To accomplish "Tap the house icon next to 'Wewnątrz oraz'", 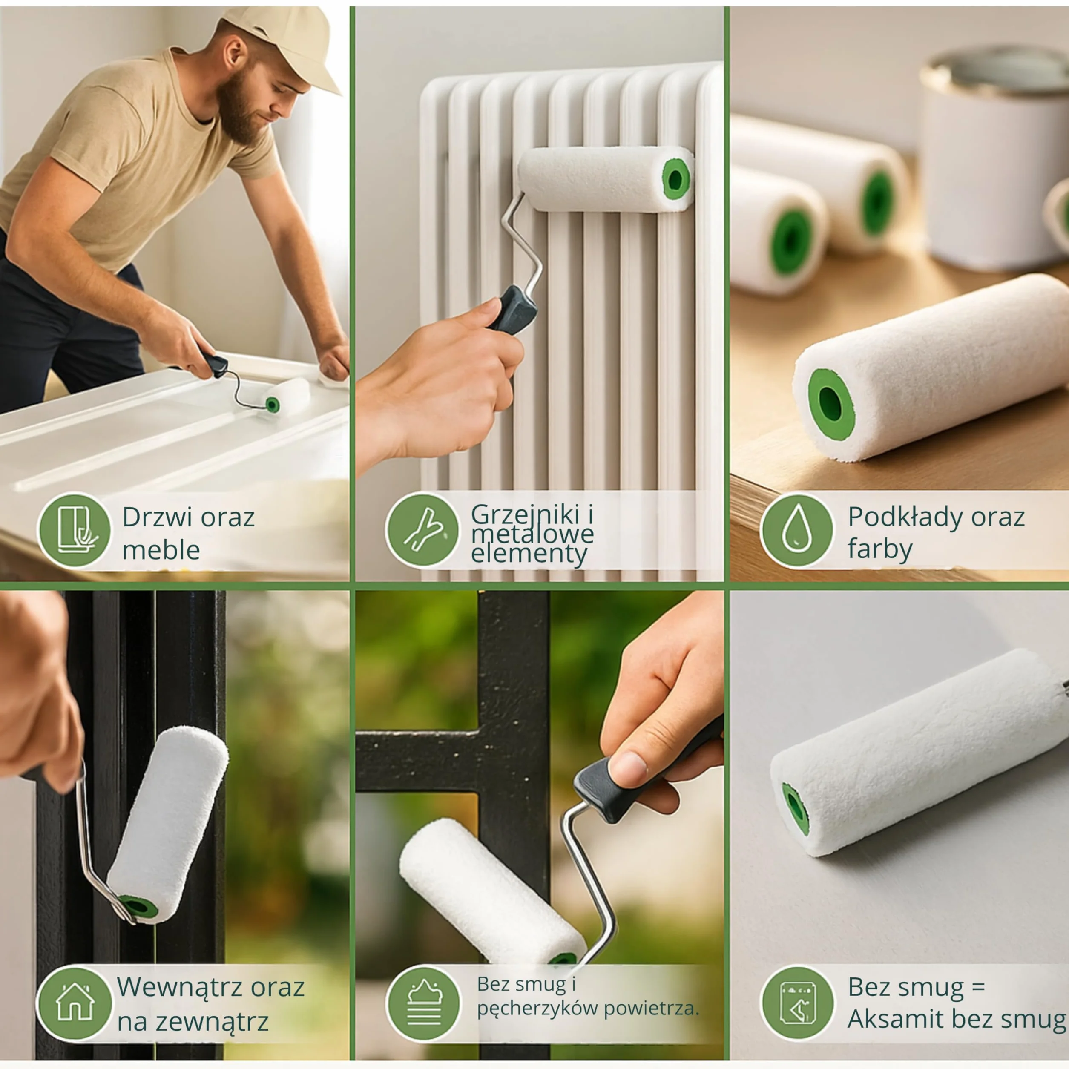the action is (x=75, y=1002).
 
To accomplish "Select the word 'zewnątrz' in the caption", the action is (x=212, y=1022).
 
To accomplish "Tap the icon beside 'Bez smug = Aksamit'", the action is (x=797, y=1002).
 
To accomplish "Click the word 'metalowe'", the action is (x=532, y=534).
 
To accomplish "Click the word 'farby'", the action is (x=880, y=549).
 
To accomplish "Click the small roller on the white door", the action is (x=287, y=398).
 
